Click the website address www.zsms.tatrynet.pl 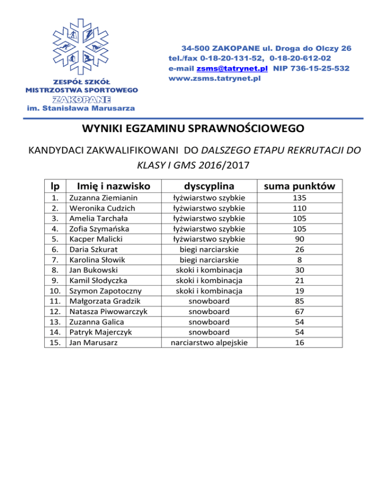pos(214,78)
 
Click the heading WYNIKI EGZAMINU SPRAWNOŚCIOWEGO pos(191,130)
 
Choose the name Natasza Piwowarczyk pos(108,312)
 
